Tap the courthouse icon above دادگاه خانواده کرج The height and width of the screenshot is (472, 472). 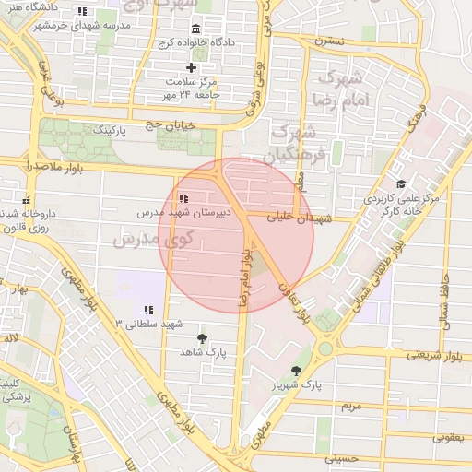195,29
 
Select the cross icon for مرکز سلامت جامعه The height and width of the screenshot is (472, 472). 192,67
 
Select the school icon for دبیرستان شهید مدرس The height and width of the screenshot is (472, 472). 184,197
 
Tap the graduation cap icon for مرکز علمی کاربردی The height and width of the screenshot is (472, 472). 401,184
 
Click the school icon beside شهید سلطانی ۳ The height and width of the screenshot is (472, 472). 147,310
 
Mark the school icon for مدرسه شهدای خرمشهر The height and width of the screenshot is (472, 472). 82,12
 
